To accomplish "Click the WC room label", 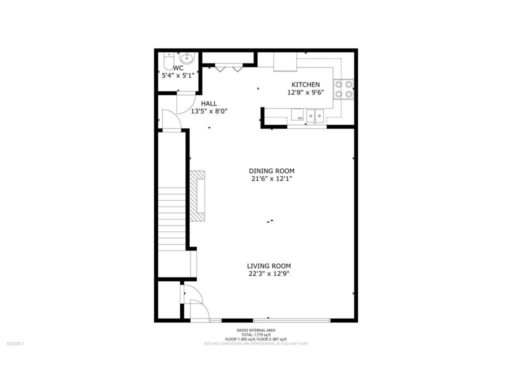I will click(178, 68).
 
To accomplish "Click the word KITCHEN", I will click(305, 84).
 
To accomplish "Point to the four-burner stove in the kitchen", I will click(344, 89).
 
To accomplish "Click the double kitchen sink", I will click(316, 115).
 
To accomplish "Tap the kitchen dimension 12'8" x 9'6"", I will click(305, 92).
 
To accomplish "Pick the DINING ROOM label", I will click(271, 171).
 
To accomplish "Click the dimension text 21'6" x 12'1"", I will click(271, 179).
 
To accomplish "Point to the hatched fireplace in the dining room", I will click(197, 195).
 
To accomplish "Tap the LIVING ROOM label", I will click(269, 266).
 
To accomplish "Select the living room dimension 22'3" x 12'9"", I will click(269, 274).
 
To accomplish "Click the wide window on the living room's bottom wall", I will click(291, 320).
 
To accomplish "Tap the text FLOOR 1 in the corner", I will click(15, 343).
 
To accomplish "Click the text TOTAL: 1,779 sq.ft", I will click(256, 334).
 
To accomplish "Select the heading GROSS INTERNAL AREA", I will click(256, 330).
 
